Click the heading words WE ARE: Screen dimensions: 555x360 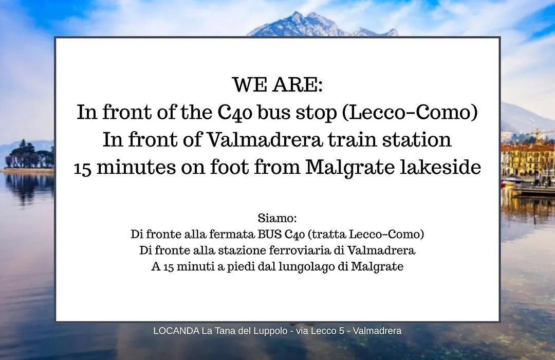[x=277, y=84]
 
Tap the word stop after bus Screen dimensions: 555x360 [x=316, y=113]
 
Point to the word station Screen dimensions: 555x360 [x=417, y=139]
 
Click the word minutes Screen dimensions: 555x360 [x=136, y=167]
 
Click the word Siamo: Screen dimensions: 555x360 [x=277, y=218]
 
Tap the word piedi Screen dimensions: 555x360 [x=240, y=266]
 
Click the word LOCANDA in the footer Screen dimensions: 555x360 [x=176, y=331]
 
